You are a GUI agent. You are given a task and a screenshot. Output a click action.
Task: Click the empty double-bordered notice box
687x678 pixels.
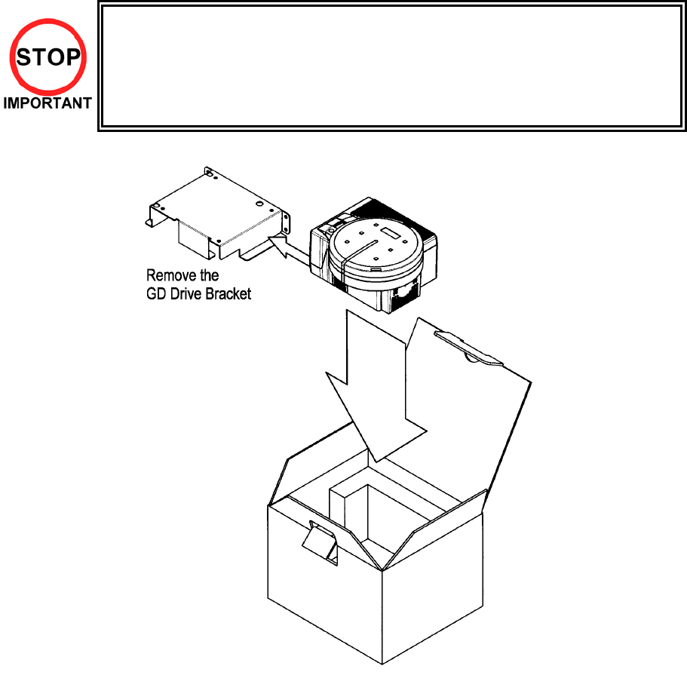point(391,66)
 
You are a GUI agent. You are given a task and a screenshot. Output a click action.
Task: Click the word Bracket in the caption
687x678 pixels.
point(226,294)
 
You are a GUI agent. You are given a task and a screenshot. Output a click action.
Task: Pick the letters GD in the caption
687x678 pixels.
point(155,294)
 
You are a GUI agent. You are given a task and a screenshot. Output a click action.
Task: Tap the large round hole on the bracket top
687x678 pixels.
point(260,204)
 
